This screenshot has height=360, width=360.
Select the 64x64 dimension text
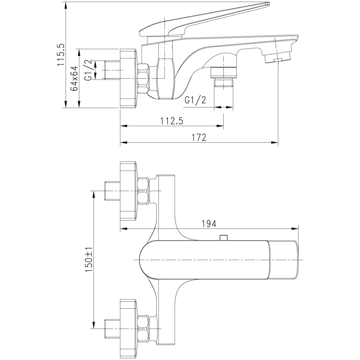click(x=74, y=78)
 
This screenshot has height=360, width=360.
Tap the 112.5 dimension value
click(x=172, y=121)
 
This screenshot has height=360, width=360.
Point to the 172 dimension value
click(x=199, y=138)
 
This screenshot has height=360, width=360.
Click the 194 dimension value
click(x=209, y=223)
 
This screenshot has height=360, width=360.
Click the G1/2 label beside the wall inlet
click(x=88, y=70)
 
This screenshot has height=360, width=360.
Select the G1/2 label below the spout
click(x=195, y=100)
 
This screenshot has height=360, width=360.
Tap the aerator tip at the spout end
click(x=278, y=58)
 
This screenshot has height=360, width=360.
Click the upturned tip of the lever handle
click(x=268, y=3)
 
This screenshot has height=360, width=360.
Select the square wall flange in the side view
click(x=128, y=78)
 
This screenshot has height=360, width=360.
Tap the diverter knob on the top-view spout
click(x=223, y=237)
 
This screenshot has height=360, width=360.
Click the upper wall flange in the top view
click(x=128, y=191)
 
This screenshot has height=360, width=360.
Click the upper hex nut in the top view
click(x=143, y=191)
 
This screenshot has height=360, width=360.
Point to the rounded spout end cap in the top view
click(x=283, y=260)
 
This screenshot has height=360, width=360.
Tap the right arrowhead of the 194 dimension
click(x=295, y=229)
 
